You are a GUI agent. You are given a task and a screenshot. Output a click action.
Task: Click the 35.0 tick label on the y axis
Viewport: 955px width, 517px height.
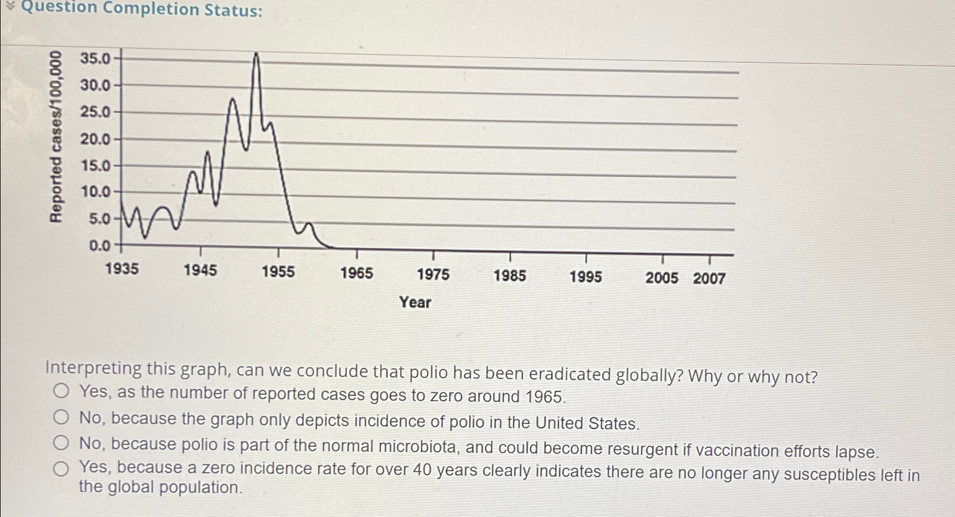click(x=95, y=59)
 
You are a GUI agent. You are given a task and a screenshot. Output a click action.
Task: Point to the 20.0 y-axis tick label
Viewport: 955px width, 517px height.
click(x=95, y=139)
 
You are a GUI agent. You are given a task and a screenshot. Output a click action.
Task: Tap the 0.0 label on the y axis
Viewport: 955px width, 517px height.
click(x=100, y=245)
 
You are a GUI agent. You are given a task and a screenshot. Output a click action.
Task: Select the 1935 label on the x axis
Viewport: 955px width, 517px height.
click(x=122, y=269)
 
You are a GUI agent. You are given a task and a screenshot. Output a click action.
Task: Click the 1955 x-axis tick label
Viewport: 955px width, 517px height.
click(x=278, y=272)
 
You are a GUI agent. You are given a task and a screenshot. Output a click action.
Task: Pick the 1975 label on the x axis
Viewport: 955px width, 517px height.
click(x=433, y=274)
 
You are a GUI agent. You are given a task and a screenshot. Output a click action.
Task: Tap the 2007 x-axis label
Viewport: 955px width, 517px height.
click(x=709, y=278)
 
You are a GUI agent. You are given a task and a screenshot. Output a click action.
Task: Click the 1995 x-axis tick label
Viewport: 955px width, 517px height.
click(x=586, y=277)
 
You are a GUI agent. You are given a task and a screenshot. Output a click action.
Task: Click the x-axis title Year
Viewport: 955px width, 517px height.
click(x=415, y=302)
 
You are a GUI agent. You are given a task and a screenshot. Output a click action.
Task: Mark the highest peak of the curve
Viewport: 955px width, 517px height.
click(x=256, y=54)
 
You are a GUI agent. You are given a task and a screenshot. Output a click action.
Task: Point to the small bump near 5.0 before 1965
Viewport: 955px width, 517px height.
click(x=308, y=225)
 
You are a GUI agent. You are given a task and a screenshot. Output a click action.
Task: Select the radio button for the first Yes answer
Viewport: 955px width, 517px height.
click(x=61, y=391)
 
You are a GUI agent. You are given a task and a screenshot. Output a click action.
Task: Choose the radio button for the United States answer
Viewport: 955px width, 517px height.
click(x=61, y=417)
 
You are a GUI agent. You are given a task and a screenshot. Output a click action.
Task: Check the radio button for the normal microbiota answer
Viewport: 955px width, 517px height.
click(x=61, y=443)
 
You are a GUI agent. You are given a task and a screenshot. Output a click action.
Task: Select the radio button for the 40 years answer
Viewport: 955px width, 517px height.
click(x=61, y=468)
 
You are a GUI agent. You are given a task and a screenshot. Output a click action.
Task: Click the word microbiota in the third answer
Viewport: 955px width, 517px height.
click(x=418, y=447)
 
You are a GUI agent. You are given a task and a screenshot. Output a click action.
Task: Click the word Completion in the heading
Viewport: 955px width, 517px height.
click(x=151, y=9)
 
